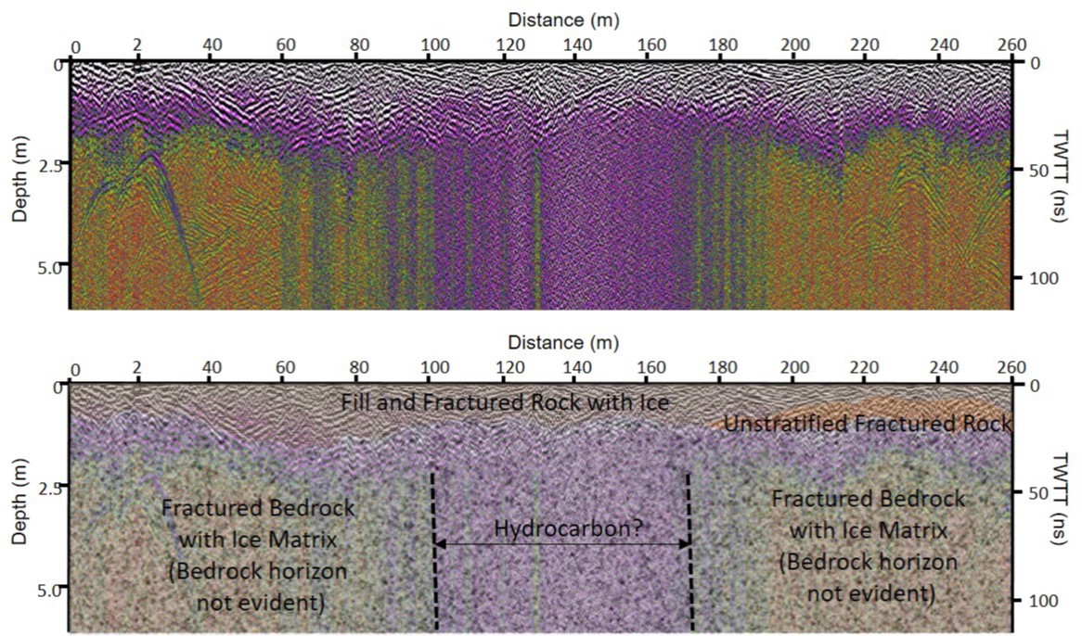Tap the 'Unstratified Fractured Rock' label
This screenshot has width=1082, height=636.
867,425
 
